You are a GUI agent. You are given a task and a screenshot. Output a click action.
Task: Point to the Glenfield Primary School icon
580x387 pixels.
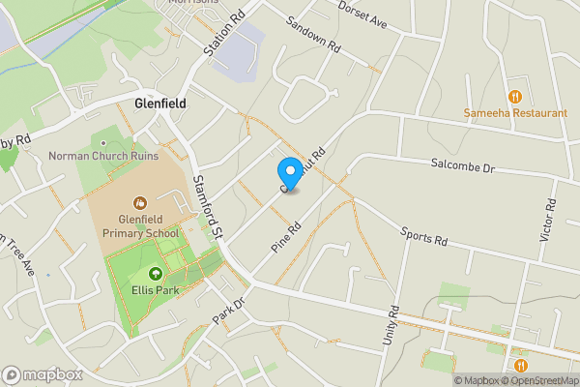click(140, 203)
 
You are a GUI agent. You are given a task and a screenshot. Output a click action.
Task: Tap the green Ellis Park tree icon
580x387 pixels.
click(156, 275)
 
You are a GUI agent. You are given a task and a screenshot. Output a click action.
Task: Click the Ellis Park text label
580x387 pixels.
click(156, 290)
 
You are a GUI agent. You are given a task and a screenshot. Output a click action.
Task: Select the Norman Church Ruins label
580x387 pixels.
click(102, 155)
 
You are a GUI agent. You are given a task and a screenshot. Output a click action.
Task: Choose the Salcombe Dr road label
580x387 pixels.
click(463, 165)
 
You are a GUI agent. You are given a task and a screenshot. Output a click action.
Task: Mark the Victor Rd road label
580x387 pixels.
click(549, 222)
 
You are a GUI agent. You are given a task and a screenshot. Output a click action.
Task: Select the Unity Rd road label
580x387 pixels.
click(391, 330)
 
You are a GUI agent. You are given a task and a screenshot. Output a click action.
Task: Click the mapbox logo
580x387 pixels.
click(42, 374)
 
